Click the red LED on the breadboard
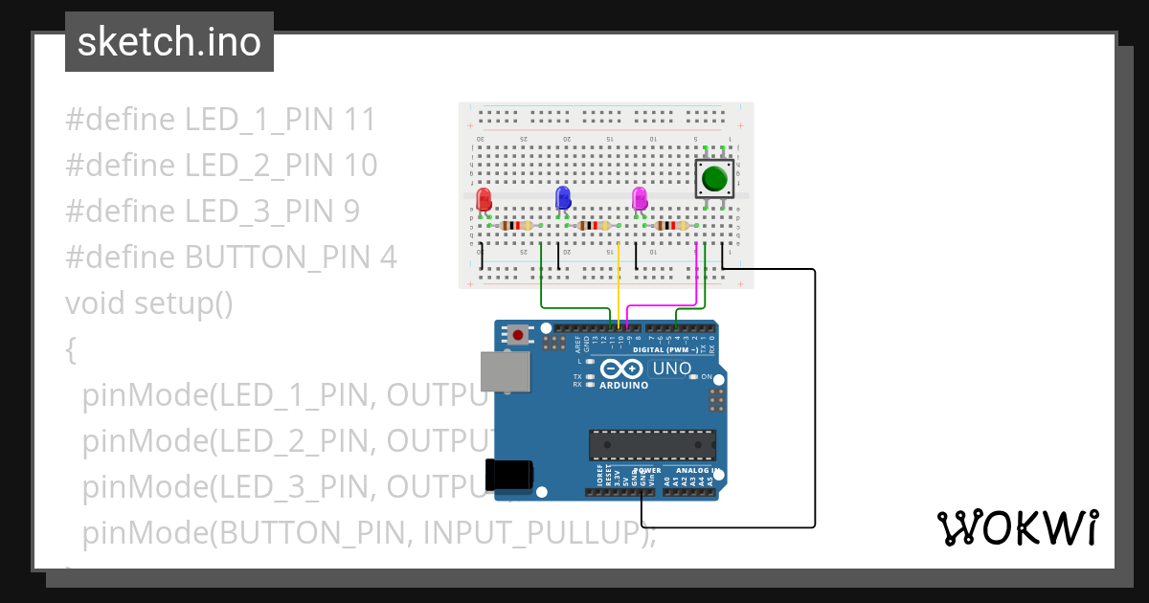484,199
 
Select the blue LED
563,198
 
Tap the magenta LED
640,198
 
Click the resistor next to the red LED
517,226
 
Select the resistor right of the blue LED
595,226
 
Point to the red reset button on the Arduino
518,335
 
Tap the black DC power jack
507,476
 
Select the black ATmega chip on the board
652,445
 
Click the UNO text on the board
671,368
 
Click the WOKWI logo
1017,528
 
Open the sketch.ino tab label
169,42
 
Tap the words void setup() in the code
149,303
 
